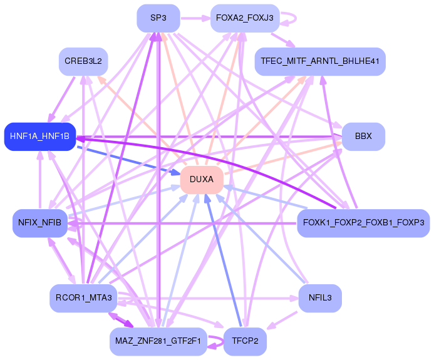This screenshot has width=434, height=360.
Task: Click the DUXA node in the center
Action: coord(202,180)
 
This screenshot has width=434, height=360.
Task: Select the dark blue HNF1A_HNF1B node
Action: coord(39,136)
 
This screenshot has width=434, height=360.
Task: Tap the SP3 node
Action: coord(158,18)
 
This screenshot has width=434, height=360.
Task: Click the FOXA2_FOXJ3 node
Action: coord(244,18)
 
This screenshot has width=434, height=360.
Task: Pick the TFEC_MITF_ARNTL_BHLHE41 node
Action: coord(319,62)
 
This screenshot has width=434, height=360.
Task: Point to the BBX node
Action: coord(363,136)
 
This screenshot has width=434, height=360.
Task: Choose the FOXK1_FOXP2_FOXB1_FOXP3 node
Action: coord(363,223)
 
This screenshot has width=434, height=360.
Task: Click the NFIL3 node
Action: coord(320,298)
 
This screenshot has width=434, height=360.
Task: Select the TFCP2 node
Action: coord(245,341)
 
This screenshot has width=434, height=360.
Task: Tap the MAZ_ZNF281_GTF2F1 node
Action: coord(158,341)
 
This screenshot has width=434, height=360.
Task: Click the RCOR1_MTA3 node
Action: coord(83,298)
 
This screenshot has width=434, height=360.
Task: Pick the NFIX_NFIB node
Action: coord(39,223)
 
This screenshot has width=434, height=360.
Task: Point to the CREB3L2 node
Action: coord(83,61)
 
